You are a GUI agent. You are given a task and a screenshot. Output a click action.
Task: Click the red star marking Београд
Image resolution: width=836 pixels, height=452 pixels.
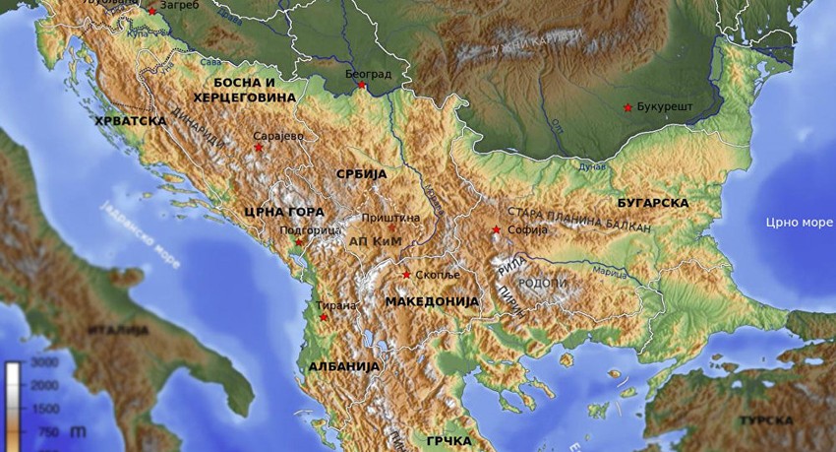[362, 85]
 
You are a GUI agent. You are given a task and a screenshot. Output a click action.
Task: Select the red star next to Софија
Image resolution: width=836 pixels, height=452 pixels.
[496, 230]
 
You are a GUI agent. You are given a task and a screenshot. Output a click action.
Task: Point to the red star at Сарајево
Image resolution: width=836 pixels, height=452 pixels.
[259, 148]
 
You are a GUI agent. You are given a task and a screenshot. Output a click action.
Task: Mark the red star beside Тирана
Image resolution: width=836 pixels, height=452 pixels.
[324, 317]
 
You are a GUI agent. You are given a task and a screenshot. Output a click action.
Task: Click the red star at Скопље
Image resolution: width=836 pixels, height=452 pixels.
[406, 275]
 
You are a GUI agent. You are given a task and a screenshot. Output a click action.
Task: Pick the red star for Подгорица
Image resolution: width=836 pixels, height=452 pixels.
[299, 241]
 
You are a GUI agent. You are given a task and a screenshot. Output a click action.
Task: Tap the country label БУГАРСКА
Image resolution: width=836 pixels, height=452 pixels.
[653, 202]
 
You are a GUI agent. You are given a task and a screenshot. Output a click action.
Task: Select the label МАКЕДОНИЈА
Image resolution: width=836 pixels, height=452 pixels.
[432, 299]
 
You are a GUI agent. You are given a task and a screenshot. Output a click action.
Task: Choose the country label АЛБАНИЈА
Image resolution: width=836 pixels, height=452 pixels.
[343, 365]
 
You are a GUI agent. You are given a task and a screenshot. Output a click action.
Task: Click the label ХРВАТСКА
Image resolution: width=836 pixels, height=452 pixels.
[130, 120]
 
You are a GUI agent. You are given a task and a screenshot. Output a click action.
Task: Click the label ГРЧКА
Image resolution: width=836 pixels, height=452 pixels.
[448, 440]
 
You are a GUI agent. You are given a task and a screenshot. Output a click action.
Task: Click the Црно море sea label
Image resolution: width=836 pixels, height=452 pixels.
[800, 222]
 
